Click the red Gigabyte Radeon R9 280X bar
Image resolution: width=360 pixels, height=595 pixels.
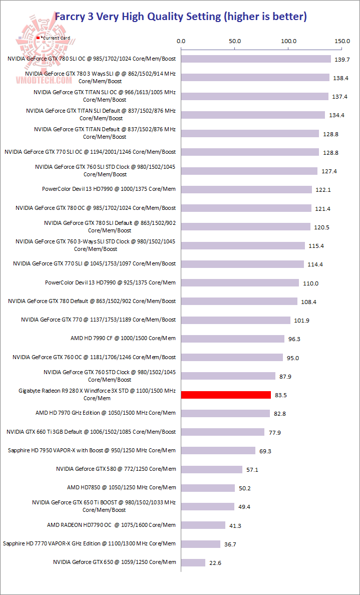coord(226,395)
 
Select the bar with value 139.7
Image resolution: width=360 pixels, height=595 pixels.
coord(256,59)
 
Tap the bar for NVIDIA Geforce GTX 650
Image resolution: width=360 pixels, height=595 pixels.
coord(193,562)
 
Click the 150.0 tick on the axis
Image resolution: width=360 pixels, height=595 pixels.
coord(342,41)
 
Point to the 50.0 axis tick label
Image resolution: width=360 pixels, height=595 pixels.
coord(235,41)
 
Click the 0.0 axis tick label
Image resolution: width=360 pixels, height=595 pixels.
coord(181,41)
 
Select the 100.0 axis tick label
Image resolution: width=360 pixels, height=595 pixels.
coord(289,41)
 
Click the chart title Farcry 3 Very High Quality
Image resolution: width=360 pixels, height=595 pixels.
coord(180,17)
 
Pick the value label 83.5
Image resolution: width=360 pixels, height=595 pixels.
coord(280,395)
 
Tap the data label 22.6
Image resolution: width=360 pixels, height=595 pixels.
coord(215,563)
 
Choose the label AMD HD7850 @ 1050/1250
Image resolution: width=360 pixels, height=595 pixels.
coord(121,487)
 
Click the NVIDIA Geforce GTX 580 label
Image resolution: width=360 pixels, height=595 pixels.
coord(116,469)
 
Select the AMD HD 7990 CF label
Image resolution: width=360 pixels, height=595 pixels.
coord(123,338)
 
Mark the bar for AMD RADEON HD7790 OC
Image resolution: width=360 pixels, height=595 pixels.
coord(203,525)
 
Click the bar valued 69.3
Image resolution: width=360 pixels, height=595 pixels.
coord(218,450)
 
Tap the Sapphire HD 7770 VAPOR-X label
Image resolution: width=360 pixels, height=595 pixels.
coord(89,543)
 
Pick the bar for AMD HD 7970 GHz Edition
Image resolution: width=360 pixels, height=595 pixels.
coord(225,413)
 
